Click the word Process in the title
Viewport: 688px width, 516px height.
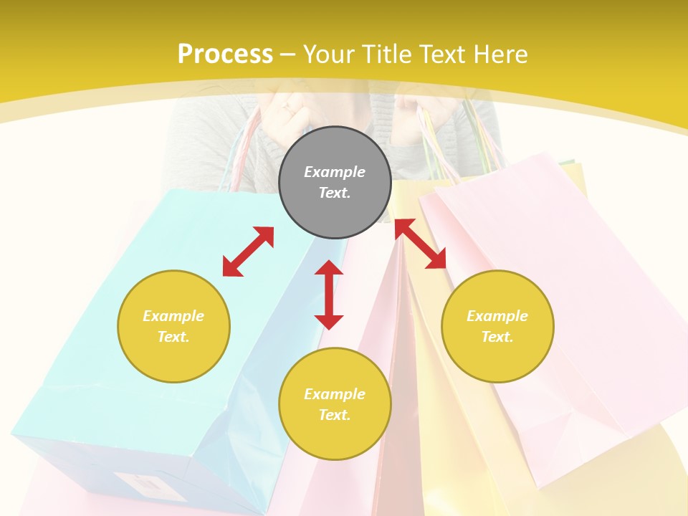(x=225, y=54)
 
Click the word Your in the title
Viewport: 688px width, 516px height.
(x=329, y=54)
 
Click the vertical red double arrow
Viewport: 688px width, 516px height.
(x=329, y=295)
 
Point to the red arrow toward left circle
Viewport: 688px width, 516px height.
(x=248, y=252)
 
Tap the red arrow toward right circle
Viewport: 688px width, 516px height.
(x=421, y=244)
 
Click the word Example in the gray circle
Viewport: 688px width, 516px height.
(x=335, y=172)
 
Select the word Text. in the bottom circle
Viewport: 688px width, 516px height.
(x=335, y=415)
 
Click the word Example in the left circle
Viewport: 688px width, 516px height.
(x=173, y=316)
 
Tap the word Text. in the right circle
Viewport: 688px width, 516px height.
(x=497, y=337)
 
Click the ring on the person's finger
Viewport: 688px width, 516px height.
(x=287, y=110)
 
